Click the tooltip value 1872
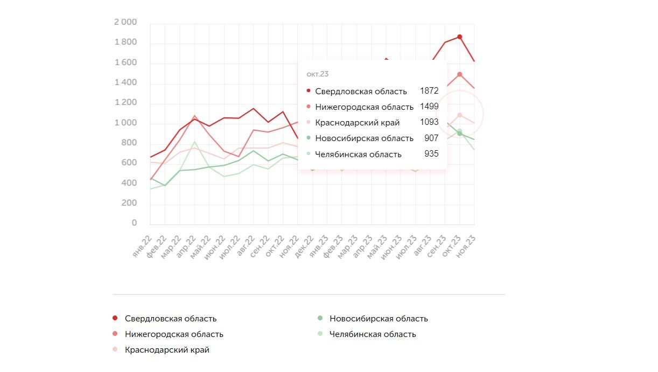(x=429, y=91)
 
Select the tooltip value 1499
(x=429, y=107)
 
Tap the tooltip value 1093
(x=429, y=122)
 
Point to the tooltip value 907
(x=431, y=138)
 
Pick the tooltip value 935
(x=431, y=154)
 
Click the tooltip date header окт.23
(x=317, y=74)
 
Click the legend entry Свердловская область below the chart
(x=170, y=319)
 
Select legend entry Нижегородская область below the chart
(x=173, y=334)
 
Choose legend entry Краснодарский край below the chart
(x=166, y=350)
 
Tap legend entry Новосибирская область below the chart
(x=378, y=319)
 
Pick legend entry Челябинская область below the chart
(x=372, y=334)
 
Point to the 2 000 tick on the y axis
(x=125, y=22)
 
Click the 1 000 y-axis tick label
(x=125, y=123)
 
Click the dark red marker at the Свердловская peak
(x=459, y=37)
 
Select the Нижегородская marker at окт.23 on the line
(x=459, y=74)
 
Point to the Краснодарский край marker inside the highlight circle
(x=459, y=115)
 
